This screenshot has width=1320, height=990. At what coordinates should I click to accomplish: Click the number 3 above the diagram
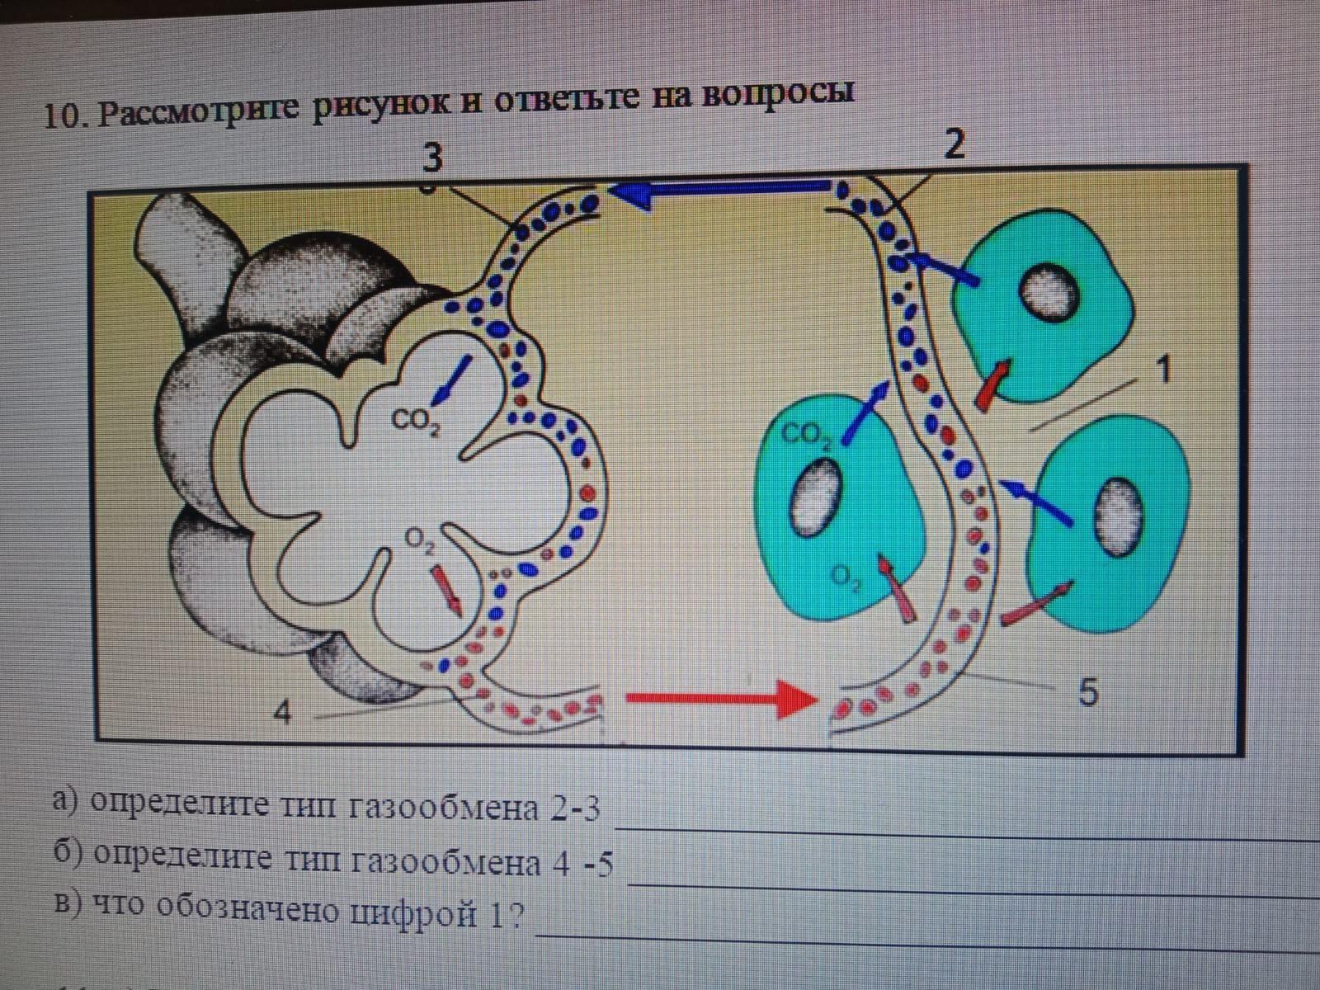(432, 158)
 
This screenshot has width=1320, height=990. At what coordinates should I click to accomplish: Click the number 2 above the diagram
(954, 145)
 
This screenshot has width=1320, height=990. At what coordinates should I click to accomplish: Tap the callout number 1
(1163, 371)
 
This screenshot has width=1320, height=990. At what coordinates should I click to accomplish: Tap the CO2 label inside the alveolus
(415, 422)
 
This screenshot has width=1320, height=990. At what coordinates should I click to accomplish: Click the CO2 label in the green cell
(805, 435)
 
